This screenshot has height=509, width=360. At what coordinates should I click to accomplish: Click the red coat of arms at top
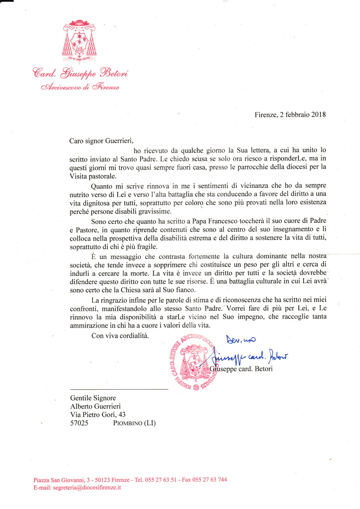pos(79,41)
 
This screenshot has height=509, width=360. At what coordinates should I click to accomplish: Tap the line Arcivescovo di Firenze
pos(79,87)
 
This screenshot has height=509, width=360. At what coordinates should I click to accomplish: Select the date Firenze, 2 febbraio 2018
pos(290,114)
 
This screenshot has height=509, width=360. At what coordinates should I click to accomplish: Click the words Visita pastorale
pos(93,176)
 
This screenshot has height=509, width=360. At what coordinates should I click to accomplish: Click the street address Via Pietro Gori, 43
pos(98,415)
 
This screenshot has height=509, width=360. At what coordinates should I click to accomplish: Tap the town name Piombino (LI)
pos(134,423)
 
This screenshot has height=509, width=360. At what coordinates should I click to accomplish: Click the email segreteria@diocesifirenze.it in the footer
pos(77,488)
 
